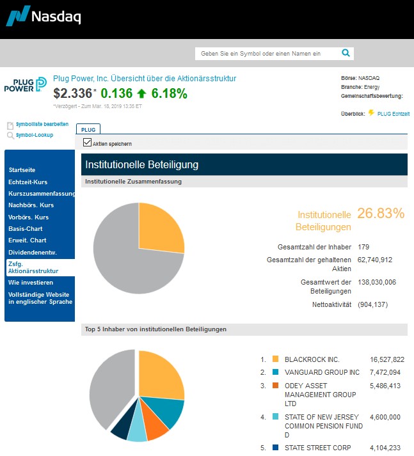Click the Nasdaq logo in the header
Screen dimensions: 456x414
[x=44, y=16]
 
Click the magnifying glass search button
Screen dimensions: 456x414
[x=346, y=53]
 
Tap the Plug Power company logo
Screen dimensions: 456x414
[x=26, y=85]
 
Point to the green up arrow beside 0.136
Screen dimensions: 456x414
[x=142, y=94]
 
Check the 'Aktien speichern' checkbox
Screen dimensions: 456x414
[x=88, y=143]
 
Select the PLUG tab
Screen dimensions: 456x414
[x=88, y=129]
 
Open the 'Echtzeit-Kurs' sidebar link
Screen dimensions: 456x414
[x=28, y=182]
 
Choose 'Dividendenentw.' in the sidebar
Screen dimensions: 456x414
[x=33, y=251]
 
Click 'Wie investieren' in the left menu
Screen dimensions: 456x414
[x=31, y=282]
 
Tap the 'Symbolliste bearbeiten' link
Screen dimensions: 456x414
[x=42, y=124]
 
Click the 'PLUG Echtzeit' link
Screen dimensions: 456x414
[x=394, y=113]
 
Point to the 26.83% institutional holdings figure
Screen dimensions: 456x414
[x=381, y=213]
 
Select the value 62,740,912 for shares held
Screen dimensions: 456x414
[x=375, y=260]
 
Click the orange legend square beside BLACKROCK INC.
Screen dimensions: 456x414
[x=275, y=359]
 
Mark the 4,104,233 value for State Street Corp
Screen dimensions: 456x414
[x=387, y=448]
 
